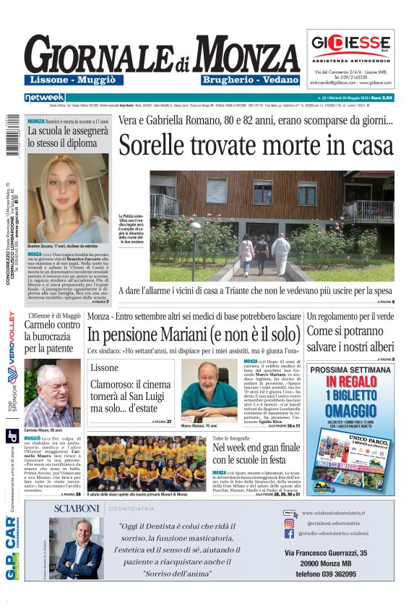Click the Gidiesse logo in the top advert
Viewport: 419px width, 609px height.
(350, 42)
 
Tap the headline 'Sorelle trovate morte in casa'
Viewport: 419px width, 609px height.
(256, 145)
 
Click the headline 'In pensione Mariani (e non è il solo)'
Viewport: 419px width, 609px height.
(193, 335)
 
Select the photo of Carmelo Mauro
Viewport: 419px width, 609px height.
(52, 389)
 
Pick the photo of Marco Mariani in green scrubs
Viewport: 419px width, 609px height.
(209, 391)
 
